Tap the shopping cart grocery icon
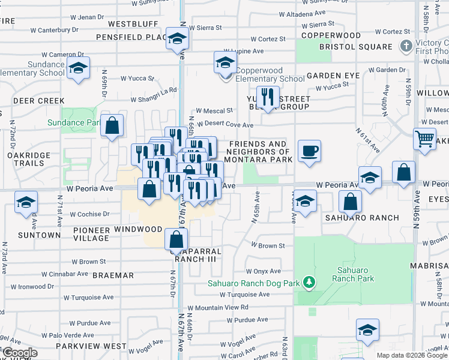tap(424, 139)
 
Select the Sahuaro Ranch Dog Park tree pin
tap(309, 282)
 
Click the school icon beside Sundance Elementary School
tap(77, 69)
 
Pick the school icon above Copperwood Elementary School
tap(225, 63)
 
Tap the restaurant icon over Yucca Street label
tap(267, 98)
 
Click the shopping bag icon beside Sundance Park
tap(112, 127)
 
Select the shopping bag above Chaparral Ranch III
tap(175, 241)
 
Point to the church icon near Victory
tap(406, 46)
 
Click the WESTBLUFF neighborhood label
tap(133, 25)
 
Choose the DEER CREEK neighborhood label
tap(38, 101)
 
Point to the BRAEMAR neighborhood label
tap(113, 275)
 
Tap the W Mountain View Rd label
tap(218, 307)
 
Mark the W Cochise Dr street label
tap(90, 214)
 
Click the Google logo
tap(19, 353)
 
